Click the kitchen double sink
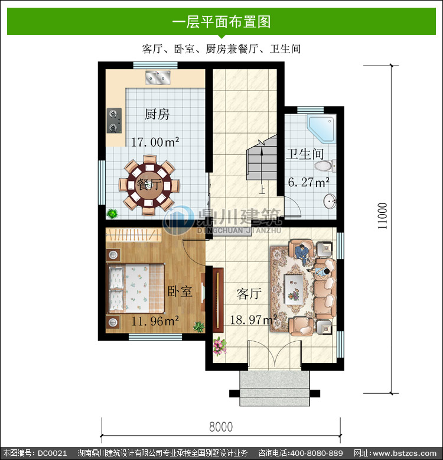[x=158, y=77]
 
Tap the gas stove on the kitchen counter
[x=114, y=121]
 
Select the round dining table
[x=149, y=186]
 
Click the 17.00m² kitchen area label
[x=155, y=142]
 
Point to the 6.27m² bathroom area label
[x=308, y=182]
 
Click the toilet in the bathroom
[x=325, y=166]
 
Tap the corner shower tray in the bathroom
[x=321, y=129]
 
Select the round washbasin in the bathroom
[x=330, y=202]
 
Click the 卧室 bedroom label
[x=180, y=291]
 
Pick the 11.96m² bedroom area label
[x=155, y=321]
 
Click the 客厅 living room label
[x=249, y=294]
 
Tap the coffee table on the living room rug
[x=294, y=289]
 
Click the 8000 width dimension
[x=221, y=427]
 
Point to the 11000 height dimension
[x=382, y=216]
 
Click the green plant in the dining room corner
[x=112, y=213]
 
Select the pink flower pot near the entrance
[x=220, y=346]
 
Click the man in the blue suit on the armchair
[x=303, y=253]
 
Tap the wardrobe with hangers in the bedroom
[x=133, y=235]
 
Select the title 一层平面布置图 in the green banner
[x=221, y=22]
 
